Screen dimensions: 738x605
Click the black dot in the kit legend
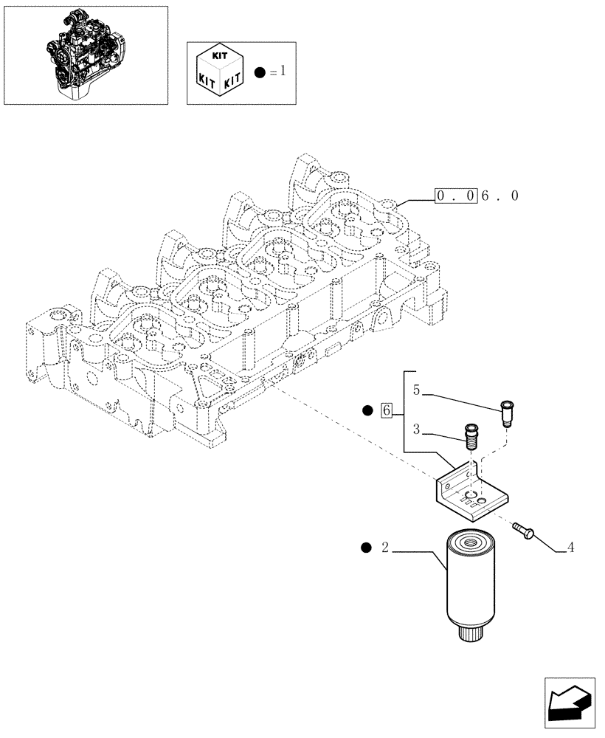pos(259,72)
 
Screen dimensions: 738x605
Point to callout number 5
pos(417,390)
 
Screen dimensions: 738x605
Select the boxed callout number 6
pos(387,410)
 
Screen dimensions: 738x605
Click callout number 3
pos(417,429)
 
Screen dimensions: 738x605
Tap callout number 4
pos(570,548)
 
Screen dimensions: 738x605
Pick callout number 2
pos(384,548)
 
